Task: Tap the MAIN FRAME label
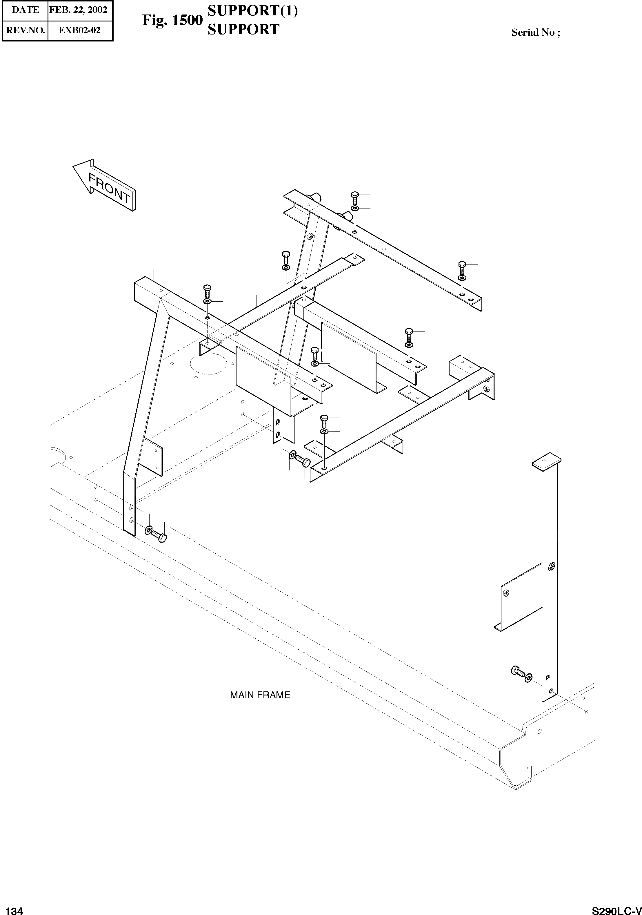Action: [260, 695]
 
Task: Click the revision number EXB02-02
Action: [79, 30]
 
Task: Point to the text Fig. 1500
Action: [172, 20]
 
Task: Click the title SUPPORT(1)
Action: [252, 11]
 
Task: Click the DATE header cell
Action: [26, 10]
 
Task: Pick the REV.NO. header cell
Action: [26, 30]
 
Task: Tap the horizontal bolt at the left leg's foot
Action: [159, 536]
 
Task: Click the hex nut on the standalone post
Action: [551, 566]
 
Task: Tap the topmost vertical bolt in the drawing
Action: [355, 197]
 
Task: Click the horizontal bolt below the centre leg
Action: [303, 462]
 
